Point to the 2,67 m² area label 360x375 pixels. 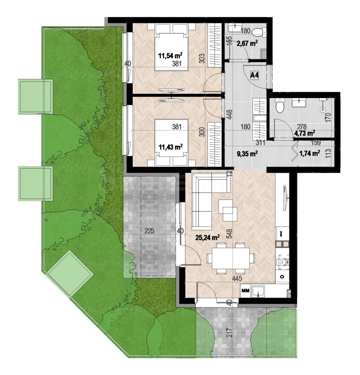pos(247,43)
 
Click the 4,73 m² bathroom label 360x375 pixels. pos(304,133)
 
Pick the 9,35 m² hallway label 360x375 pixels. pos(247,154)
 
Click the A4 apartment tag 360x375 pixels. pos(255,75)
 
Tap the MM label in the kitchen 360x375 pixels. pos(246,291)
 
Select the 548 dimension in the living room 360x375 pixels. pos(229,234)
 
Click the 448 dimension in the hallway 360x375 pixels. pos(229,117)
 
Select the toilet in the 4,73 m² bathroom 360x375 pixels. pos(279,106)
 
